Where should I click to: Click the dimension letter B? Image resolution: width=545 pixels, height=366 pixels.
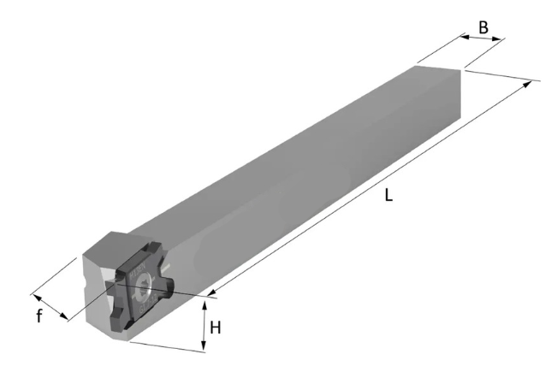pyautogui.click(x=483, y=27)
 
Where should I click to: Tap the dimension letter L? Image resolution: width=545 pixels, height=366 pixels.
pyautogui.click(x=389, y=195)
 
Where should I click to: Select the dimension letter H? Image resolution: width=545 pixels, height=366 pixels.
pyautogui.click(x=216, y=328)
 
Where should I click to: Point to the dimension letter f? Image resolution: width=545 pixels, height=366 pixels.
pyautogui.click(x=39, y=316)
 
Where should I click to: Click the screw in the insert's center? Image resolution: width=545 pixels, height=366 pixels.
pyautogui.click(x=144, y=286)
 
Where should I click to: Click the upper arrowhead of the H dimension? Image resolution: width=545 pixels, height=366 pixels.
pyautogui.click(x=204, y=305)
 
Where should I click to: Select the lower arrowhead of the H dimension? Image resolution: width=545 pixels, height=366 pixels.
pyautogui.click(x=204, y=347)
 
